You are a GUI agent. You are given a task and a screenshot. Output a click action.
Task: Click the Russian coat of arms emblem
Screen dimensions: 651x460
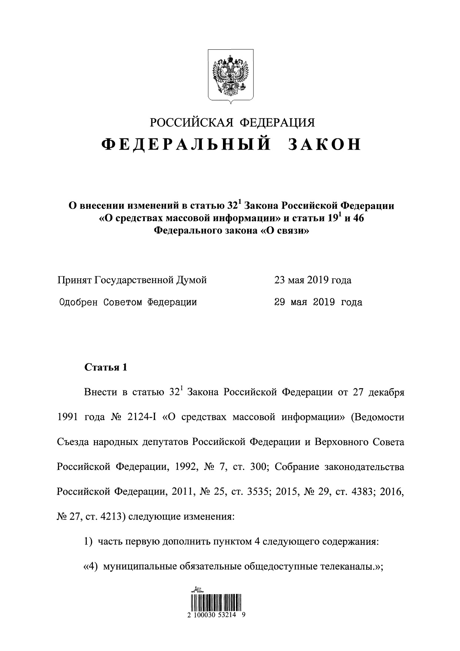pos(230,76)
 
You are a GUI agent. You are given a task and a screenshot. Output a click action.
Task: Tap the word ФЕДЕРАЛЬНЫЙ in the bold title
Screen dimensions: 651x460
pos(185,145)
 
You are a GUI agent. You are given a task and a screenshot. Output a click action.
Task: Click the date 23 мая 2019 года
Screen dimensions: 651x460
pos(313,280)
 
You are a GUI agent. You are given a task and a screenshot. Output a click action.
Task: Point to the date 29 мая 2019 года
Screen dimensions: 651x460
pos(318,302)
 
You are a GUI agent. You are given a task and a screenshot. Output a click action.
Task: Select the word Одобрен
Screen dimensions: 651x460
pos(78,302)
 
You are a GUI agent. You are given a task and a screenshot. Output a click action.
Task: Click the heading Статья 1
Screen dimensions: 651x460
pos(106,367)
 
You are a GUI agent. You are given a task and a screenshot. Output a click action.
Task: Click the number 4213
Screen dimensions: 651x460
pos(112,516)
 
